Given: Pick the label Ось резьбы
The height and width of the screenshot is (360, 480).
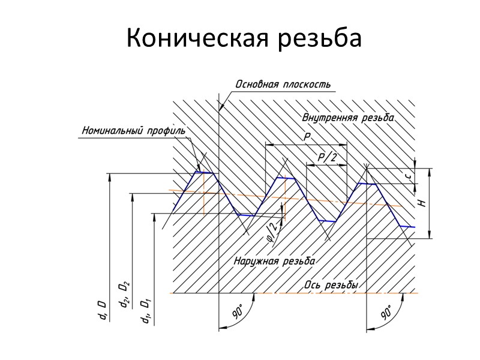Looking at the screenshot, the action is (332, 286).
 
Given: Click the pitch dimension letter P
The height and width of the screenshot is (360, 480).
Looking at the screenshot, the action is (307, 137).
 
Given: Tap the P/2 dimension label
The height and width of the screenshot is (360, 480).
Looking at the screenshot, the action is (326, 157).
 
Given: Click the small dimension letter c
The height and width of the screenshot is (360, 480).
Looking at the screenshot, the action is (407, 176).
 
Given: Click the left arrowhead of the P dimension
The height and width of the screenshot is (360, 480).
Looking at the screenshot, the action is (268, 145).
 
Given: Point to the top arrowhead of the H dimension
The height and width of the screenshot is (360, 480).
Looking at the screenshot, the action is (430, 171).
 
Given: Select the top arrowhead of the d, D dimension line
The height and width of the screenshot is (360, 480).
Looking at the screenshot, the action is (109, 177).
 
